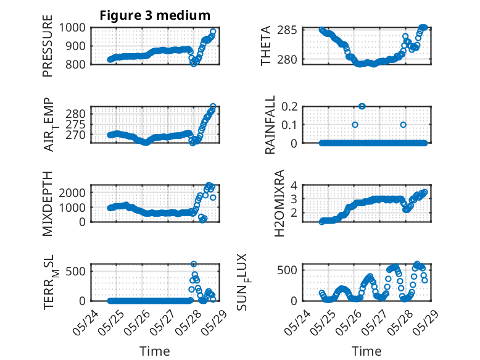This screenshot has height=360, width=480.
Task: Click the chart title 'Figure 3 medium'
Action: pyautogui.click(x=155, y=15)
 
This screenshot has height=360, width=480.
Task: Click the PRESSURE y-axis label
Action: pyautogui.click(x=48, y=46)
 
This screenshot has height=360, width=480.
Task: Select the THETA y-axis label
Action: pyautogui.click(x=266, y=46)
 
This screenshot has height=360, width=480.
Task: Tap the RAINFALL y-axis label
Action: pyautogui.click(x=270, y=125)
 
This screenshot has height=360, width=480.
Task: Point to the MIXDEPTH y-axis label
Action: pyautogui.click(x=48, y=203)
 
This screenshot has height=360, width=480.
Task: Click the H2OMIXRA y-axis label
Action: pyautogui.click(x=279, y=203)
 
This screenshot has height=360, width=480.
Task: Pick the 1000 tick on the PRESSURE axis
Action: pyautogui.click(x=72, y=28)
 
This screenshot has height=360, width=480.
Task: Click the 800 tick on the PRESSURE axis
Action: pyautogui.click(x=75, y=64)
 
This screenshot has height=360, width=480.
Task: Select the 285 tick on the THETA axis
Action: pyautogui.click(x=287, y=30)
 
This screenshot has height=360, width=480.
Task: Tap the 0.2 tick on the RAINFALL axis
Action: pyautogui.click(x=289, y=106)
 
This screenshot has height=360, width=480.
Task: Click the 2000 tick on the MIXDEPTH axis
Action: pyautogui.click(x=72, y=193)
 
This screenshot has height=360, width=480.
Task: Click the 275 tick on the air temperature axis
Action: pyautogui.click(x=76, y=124)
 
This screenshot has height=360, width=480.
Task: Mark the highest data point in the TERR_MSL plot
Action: pyautogui.click(x=194, y=264)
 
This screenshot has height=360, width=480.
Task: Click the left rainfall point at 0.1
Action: pyautogui.click(x=355, y=125)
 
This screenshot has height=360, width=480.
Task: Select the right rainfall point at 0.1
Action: pyautogui.click(x=403, y=125)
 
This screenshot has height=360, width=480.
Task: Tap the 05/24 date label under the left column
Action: pyautogui.click(x=86, y=322)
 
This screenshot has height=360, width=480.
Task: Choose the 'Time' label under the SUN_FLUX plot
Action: pyautogui.click(x=366, y=351)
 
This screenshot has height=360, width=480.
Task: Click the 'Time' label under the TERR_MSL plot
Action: pyautogui.click(x=155, y=351)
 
